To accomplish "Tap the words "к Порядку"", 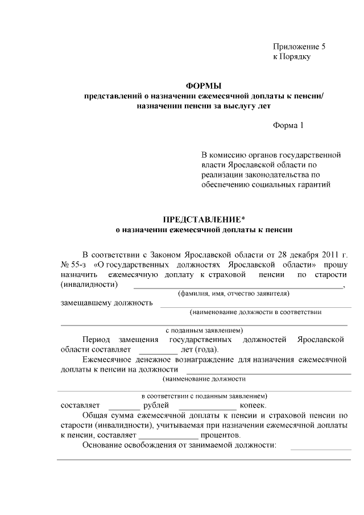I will point(291,57).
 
